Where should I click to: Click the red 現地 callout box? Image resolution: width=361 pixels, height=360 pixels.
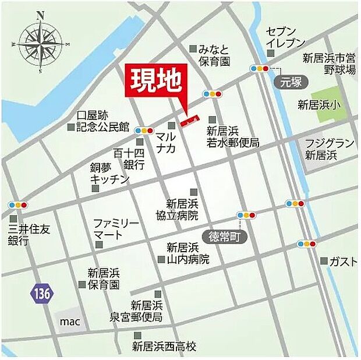(x=154, y=83)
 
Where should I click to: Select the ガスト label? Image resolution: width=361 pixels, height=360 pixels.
(x=342, y=262)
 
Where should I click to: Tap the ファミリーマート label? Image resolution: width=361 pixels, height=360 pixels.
(x=116, y=229)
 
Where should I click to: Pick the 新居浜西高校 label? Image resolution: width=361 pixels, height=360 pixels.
(x=164, y=347)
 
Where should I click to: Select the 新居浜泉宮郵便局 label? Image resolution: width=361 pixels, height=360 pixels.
(x=146, y=311)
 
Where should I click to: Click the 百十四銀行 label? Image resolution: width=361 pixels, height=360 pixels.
(x=129, y=158)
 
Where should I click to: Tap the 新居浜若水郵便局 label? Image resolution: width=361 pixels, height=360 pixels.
(x=232, y=136)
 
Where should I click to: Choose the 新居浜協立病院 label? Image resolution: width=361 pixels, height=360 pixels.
(x=182, y=210)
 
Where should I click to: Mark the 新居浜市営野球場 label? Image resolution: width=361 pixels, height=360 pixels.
(x=329, y=63)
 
